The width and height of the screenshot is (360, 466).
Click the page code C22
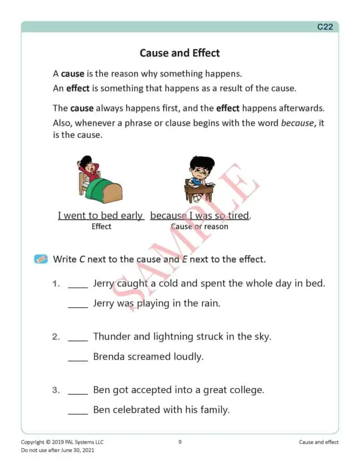click(325, 27)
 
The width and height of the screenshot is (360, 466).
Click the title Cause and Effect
click(180, 53)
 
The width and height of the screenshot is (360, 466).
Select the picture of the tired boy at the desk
click(199, 178)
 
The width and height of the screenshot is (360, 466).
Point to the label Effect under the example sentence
click(101, 226)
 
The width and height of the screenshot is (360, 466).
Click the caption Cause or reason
click(199, 226)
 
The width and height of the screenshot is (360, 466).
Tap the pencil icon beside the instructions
click(41, 259)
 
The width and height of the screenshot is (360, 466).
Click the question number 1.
click(56, 284)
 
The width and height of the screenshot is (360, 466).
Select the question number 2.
click(56, 337)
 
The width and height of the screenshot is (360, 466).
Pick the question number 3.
click(56, 390)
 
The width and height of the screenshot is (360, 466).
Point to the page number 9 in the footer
click(180, 442)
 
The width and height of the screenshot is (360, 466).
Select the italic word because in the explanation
click(297, 123)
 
